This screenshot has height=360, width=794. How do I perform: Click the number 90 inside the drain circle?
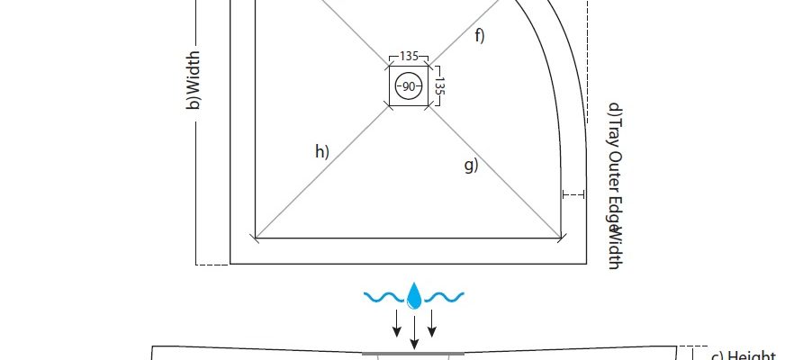point(409,86)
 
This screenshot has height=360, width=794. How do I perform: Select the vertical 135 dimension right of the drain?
point(440,85)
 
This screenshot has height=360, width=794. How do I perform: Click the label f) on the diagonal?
point(479,36)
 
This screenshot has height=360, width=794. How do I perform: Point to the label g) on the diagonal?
point(470,165)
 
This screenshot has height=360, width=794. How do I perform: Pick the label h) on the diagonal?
point(321,151)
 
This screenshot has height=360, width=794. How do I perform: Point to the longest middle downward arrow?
point(414,328)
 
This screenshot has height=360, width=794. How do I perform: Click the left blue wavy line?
point(383,295)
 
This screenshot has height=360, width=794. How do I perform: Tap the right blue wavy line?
point(445,295)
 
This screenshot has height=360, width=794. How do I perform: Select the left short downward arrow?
point(396,324)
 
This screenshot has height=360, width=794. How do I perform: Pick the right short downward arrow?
point(432,324)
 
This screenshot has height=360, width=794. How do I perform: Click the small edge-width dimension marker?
point(573,193)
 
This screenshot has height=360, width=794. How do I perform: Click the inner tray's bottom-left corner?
point(257,238)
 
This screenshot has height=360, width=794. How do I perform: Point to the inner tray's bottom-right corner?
point(563,238)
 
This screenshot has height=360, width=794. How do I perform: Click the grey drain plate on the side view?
point(414,355)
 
